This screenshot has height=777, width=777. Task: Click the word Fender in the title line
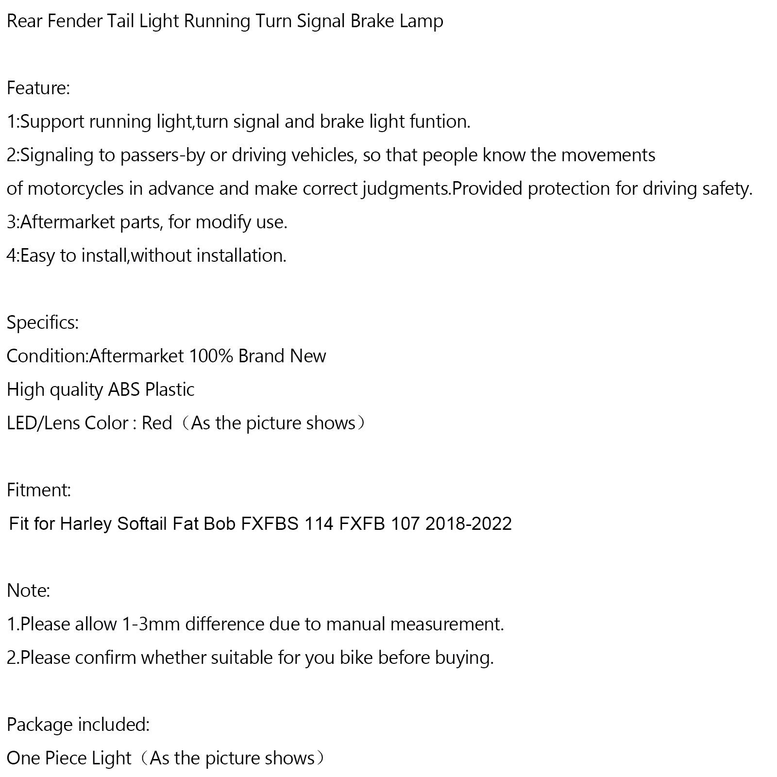tap(75, 22)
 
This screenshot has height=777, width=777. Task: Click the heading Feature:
tap(38, 88)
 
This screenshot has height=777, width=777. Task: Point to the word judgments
tap(406, 189)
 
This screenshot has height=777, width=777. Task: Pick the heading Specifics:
tap(43, 323)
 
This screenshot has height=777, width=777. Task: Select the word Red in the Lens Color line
tap(157, 423)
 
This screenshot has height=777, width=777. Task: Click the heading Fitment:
tap(39, 490)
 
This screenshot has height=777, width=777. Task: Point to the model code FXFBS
tap(270, 524)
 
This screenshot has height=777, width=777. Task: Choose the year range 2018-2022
tap(469, 524)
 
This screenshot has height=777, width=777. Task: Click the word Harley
tap(86, 524)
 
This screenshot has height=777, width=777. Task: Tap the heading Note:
tap(28, 591)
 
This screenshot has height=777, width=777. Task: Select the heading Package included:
tap(78, 725)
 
